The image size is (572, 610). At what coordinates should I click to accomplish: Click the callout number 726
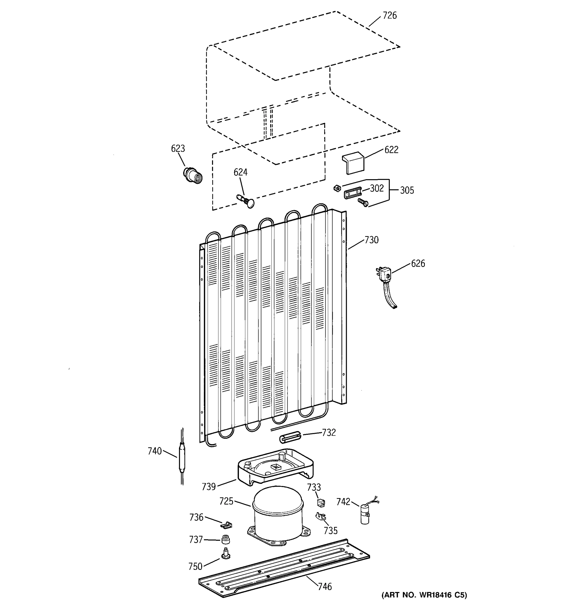[x=389, y=15]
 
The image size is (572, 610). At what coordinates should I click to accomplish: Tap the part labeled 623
[x=193, y=176]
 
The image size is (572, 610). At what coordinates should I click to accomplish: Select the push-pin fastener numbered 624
[x=246, y=201]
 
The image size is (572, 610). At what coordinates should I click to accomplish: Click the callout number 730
[x=371, y=240]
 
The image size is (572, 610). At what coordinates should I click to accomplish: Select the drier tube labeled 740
[x=182, y=457]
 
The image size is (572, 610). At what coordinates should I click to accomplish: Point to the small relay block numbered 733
[x=321, y=502]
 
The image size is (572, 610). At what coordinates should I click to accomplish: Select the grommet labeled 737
[x=226, y=539]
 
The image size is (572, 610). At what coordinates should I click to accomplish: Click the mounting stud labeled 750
[x=226, y=554]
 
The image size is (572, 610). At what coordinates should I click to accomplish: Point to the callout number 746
[x=325, y=586]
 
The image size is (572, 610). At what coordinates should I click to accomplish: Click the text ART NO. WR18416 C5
[x=424, y=595]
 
